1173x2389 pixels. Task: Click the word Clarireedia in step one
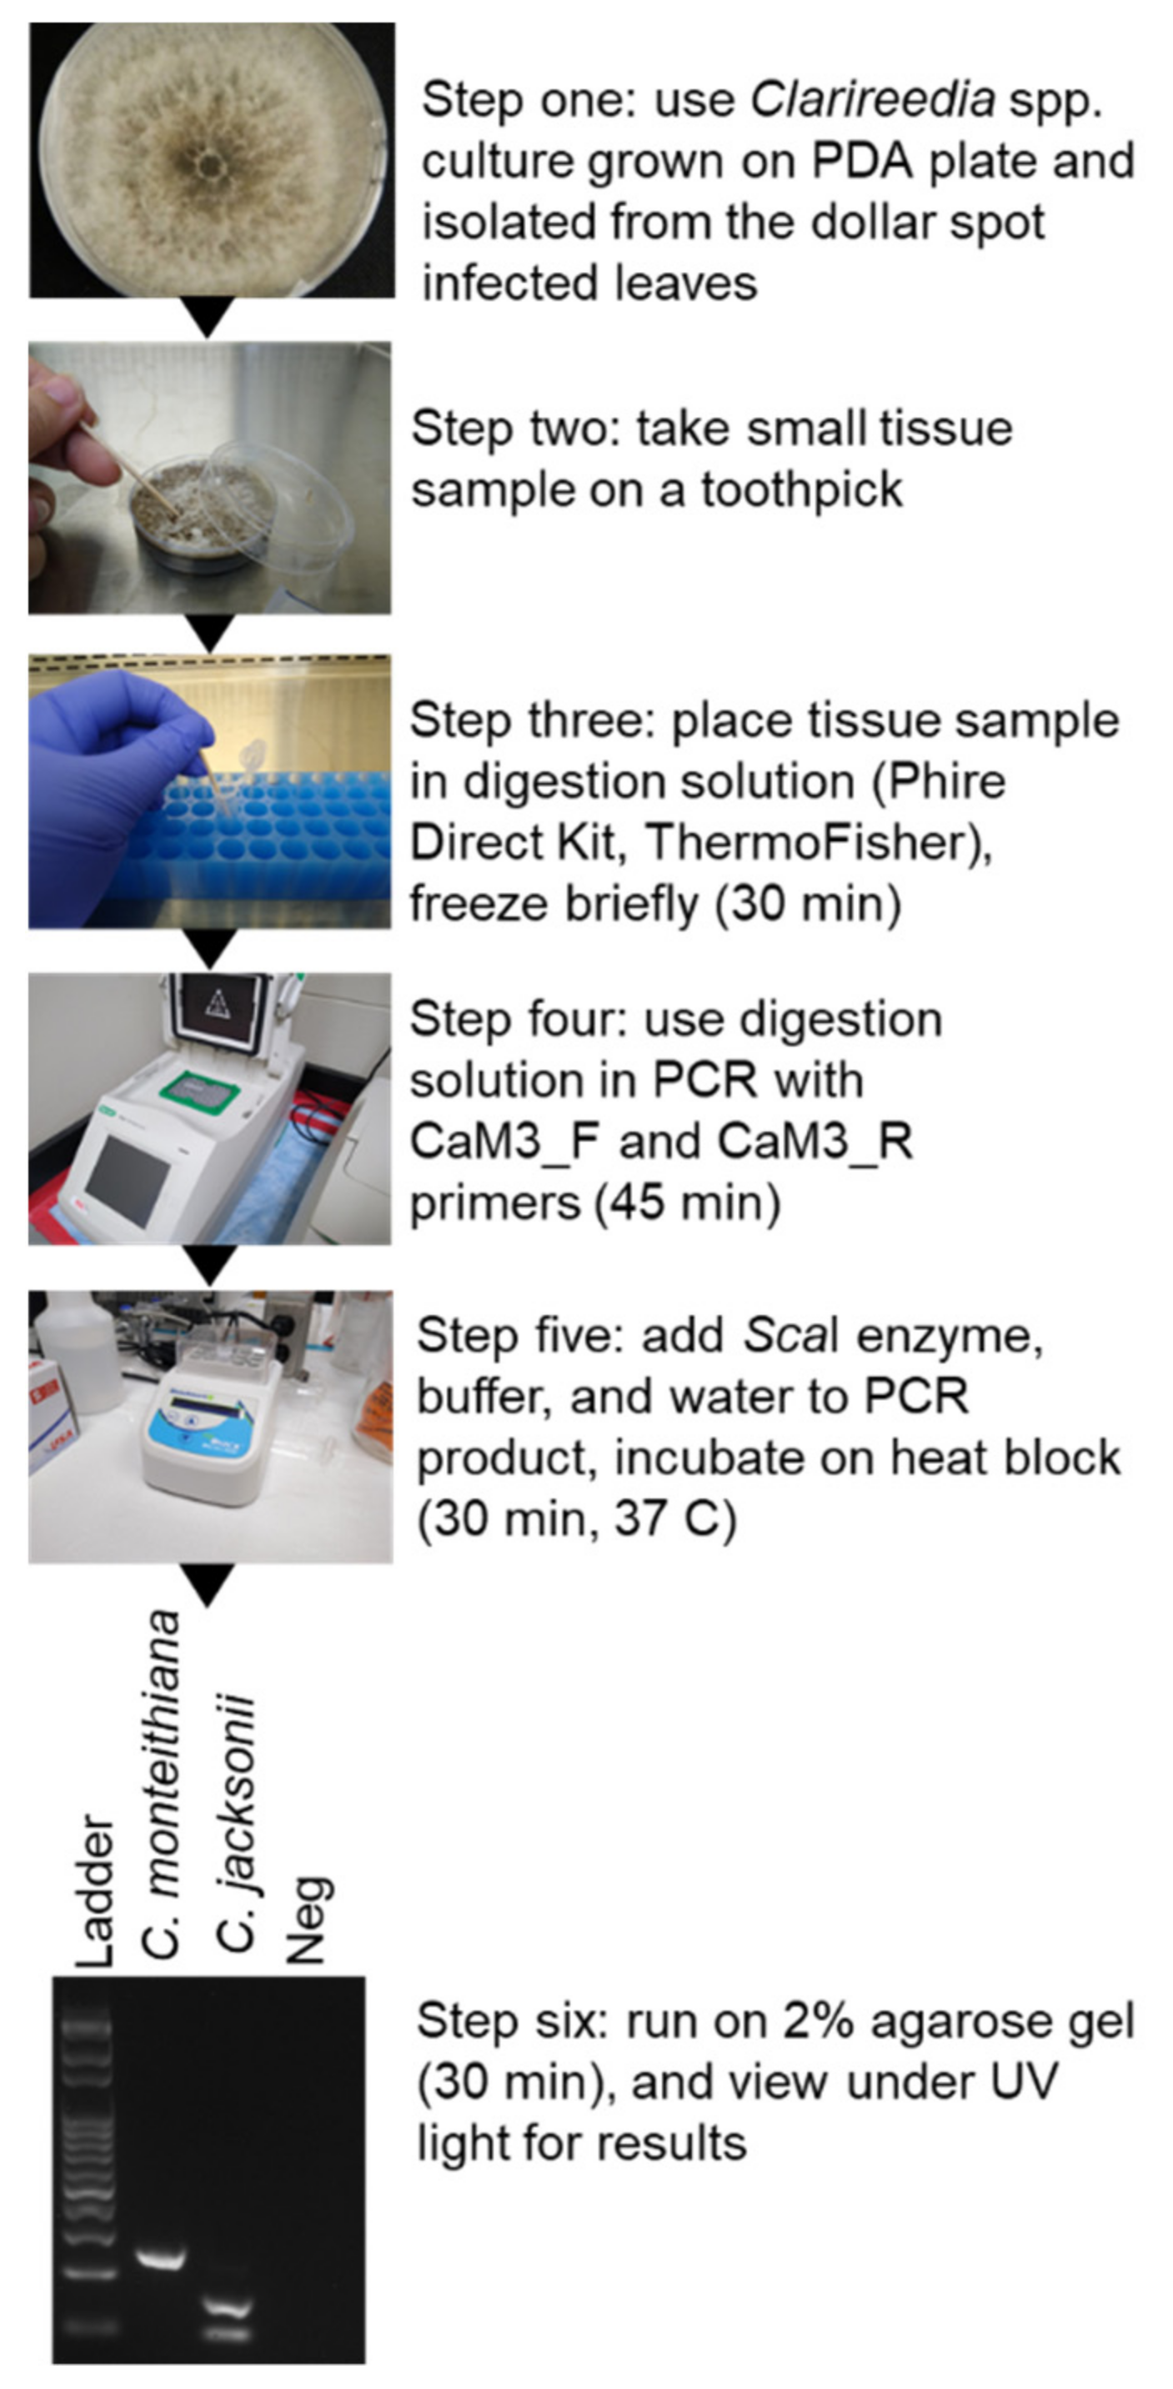pyautogui.click(x=873, y=98)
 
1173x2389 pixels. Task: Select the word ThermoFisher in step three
pyautogui.click(x=813, y=842)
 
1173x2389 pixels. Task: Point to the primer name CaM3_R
pyautogui.click(x=815, y=1141)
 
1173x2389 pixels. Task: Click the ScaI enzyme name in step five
pyautogui.click(x=791, y=1336)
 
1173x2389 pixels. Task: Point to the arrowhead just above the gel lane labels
pyautogui.click(x=208, y=1585)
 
